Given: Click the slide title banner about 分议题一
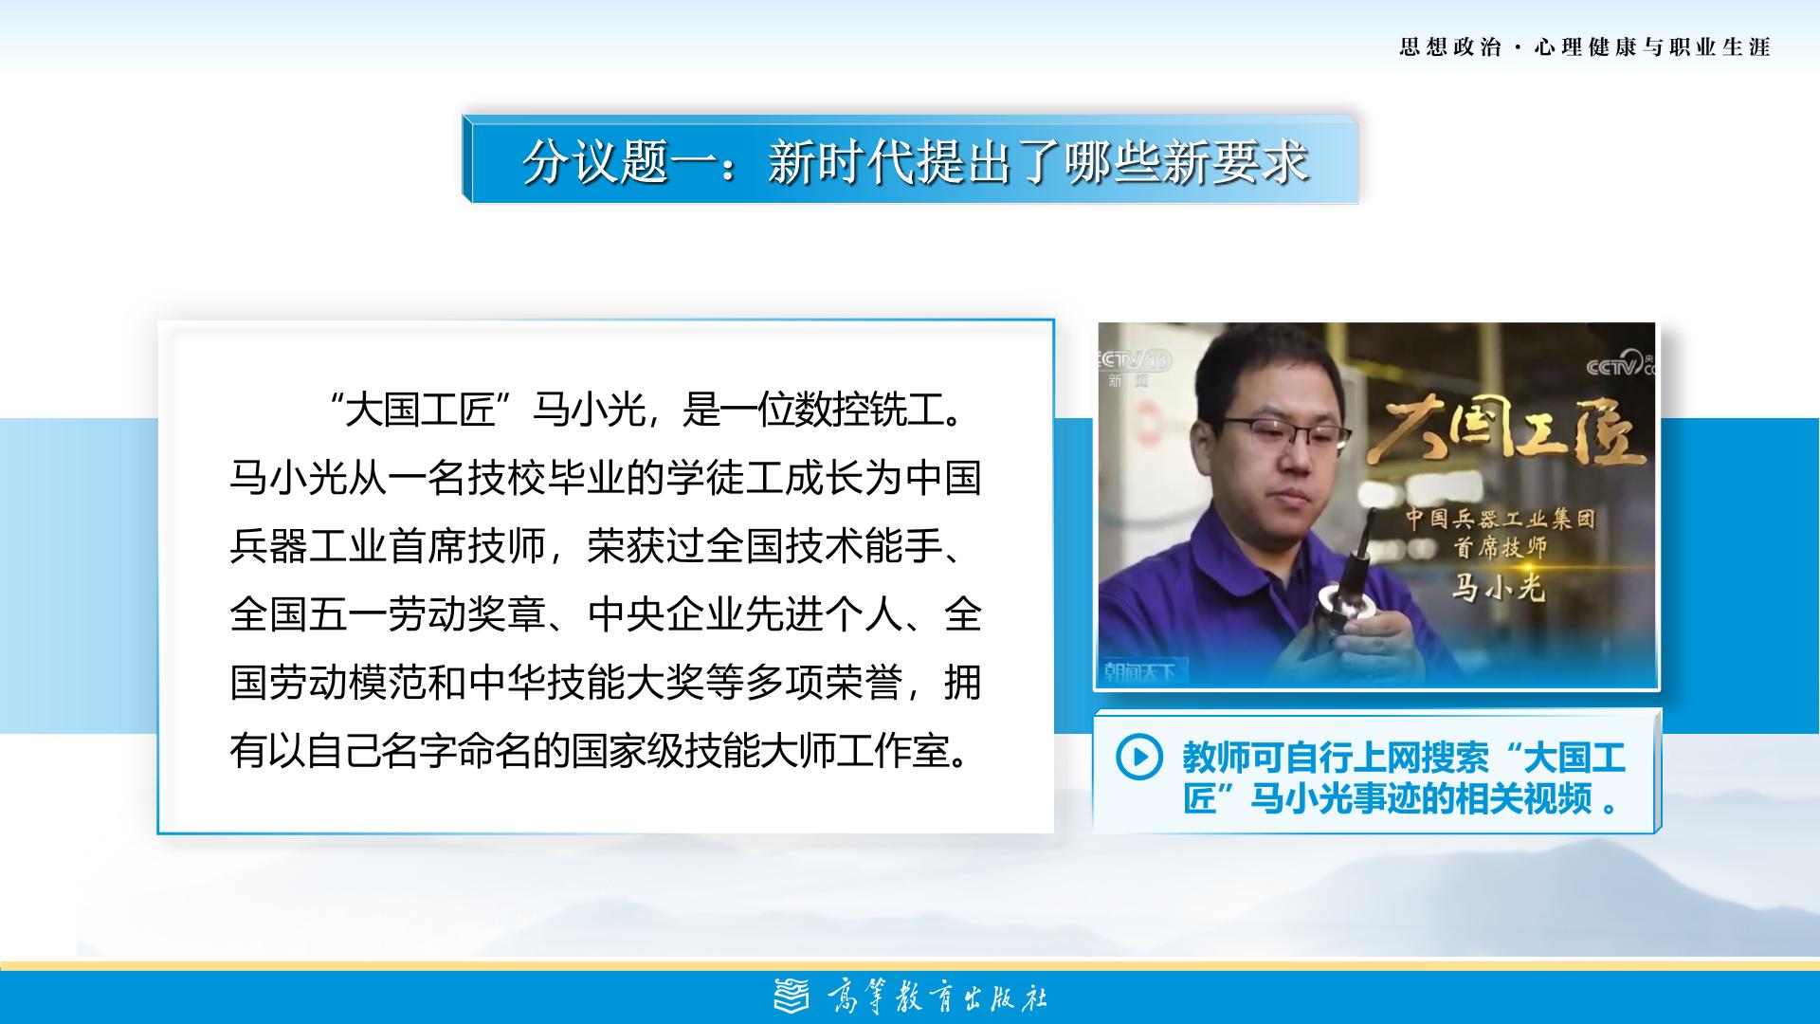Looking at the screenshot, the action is [910, 159].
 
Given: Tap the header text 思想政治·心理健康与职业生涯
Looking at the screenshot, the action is [1585, 46].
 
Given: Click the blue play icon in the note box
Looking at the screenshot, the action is [1138, 757].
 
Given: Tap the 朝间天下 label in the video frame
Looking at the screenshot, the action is [1139, 671].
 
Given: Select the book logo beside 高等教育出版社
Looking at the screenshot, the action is [792, 997].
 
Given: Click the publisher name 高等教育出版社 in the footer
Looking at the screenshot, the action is [937, 997].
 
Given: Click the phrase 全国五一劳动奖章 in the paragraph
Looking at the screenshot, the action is [389, 614].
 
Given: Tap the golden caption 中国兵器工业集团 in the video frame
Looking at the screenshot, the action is [1500, 518].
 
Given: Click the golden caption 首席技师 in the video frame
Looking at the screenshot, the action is [1500, 547].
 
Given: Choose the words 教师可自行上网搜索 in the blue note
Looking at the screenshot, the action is [1337, 757].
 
